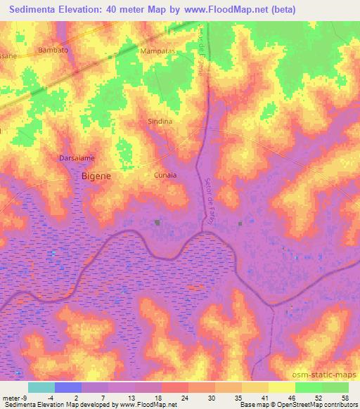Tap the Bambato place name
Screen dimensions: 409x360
pos(53,51)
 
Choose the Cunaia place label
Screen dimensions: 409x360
pos(165,175)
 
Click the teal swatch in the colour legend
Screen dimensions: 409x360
pos(41,387)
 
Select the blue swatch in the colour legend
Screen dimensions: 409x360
pos(67,387)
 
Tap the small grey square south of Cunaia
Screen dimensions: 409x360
pos(157,223)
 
